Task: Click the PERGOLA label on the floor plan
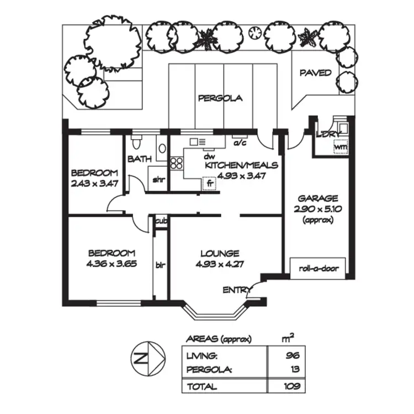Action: click(x=220, y=98)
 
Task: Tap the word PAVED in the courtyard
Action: click(x=315, y=73)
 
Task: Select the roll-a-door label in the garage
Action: click(x=318, y=269)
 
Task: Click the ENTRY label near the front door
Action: click(x=234, y=290)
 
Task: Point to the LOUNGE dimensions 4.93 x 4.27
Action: click(x=220, y=263)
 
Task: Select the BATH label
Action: click(x=140, y=159)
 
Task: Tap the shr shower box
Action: click(x=158, y=179)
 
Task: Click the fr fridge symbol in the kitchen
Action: click(x=209, y=183)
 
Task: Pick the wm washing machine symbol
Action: click(x=341, y=148)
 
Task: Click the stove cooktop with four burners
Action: click(x=177, y=163)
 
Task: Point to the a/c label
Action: click(x=240, y=142)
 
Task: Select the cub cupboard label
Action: click(x=161, y=221)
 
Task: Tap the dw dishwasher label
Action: click(x=209, y=157)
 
